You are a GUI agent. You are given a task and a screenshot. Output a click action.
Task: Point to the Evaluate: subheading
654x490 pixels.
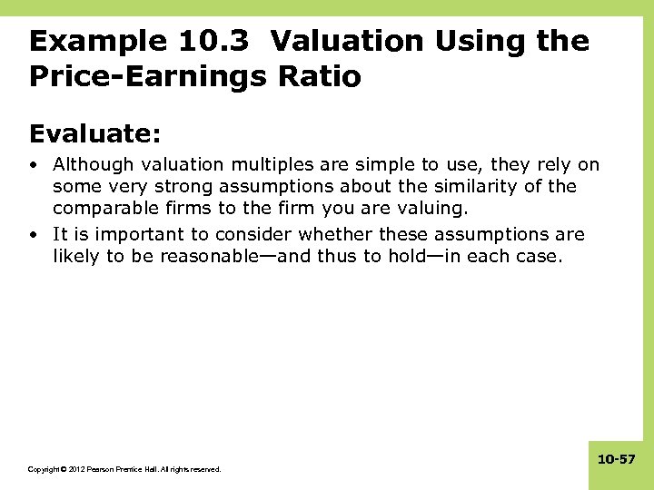[95, 134]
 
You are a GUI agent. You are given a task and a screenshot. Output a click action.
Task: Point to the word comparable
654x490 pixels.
[102, 210]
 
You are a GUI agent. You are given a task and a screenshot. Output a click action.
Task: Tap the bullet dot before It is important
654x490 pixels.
[33, 234]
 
